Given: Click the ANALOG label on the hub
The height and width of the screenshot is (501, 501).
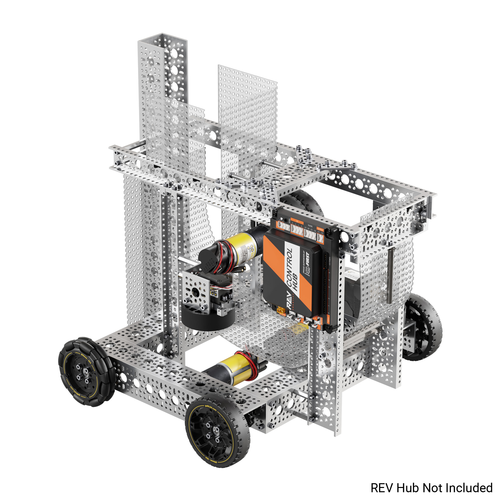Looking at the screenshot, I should [x=321, y=229].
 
